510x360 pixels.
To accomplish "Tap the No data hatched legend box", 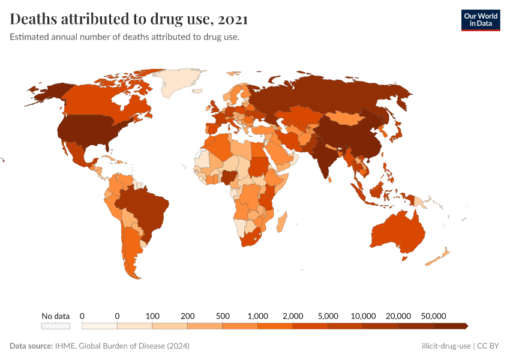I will [x=55, y=326].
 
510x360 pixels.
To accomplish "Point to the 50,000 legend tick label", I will [x=433, y=316].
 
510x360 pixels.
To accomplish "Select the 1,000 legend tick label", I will [x=257, y=316].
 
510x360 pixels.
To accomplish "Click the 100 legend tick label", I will [x=152, y=316].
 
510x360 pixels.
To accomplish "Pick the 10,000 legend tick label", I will [x=363, y=316].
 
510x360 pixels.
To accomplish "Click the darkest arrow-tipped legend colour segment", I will [x=450, y=326].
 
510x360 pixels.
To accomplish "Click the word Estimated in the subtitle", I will [x=29, y=37].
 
